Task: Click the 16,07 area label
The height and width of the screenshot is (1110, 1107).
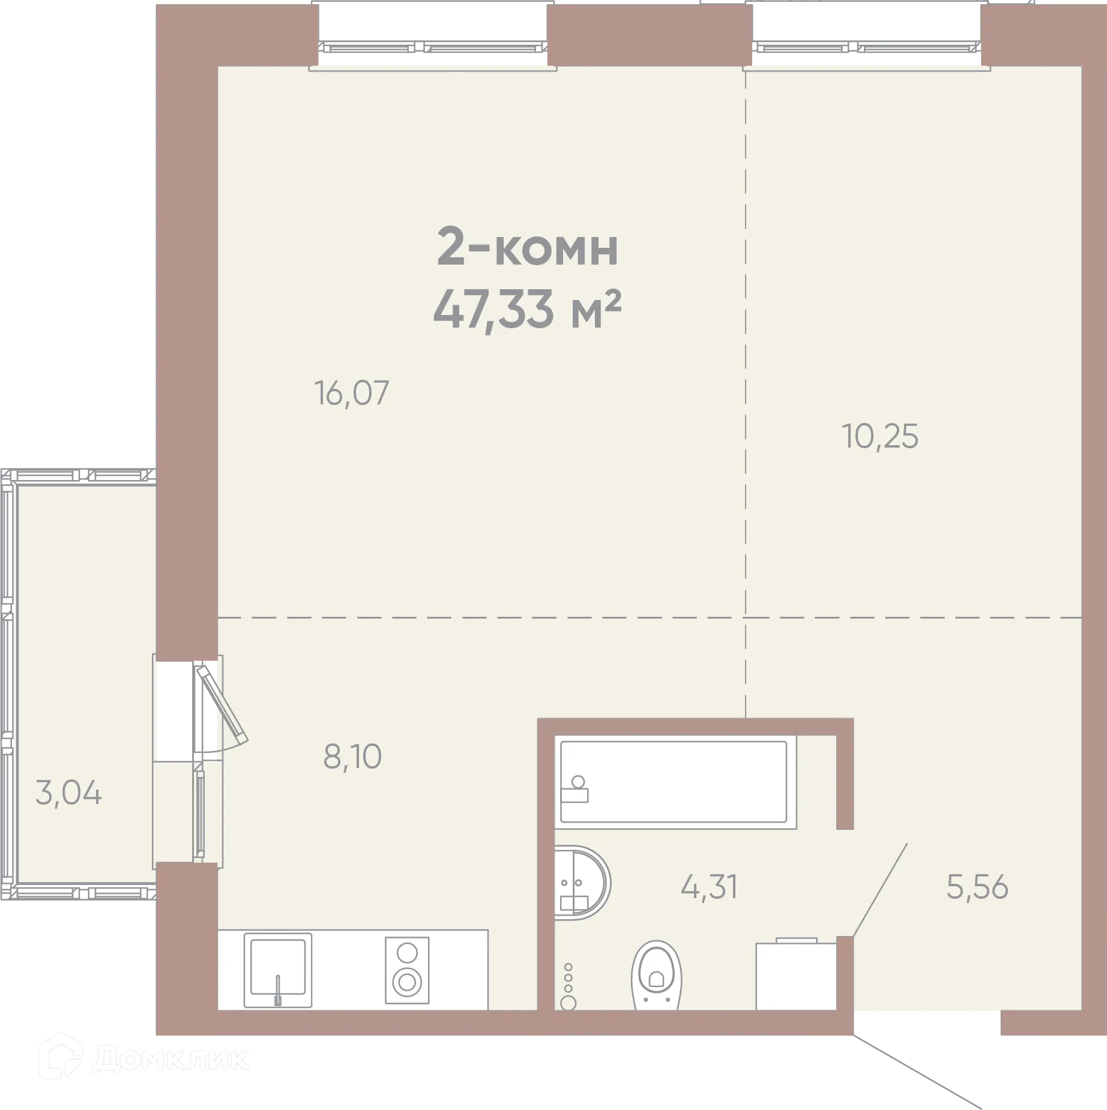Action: [x=352, y=394]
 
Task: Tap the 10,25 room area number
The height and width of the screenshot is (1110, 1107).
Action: [x=880, y=437]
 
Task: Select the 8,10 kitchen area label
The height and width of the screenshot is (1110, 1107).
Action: [x=352, y=757]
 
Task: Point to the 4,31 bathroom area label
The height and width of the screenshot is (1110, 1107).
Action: [x=709, y=887]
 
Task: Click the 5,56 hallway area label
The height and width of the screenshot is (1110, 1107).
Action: [x=977, y=887]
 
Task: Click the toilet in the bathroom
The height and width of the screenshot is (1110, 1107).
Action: [x=657, y=976]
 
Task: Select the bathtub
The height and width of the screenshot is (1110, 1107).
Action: [x=674, y=782]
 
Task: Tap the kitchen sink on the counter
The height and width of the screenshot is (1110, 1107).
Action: [x=277, y=970]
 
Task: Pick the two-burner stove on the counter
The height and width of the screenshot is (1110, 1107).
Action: [x=407, y=970]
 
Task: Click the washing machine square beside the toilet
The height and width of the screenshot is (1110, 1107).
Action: [x=795, y=976]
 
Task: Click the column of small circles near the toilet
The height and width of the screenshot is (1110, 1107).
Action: [x=568, y=985]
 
